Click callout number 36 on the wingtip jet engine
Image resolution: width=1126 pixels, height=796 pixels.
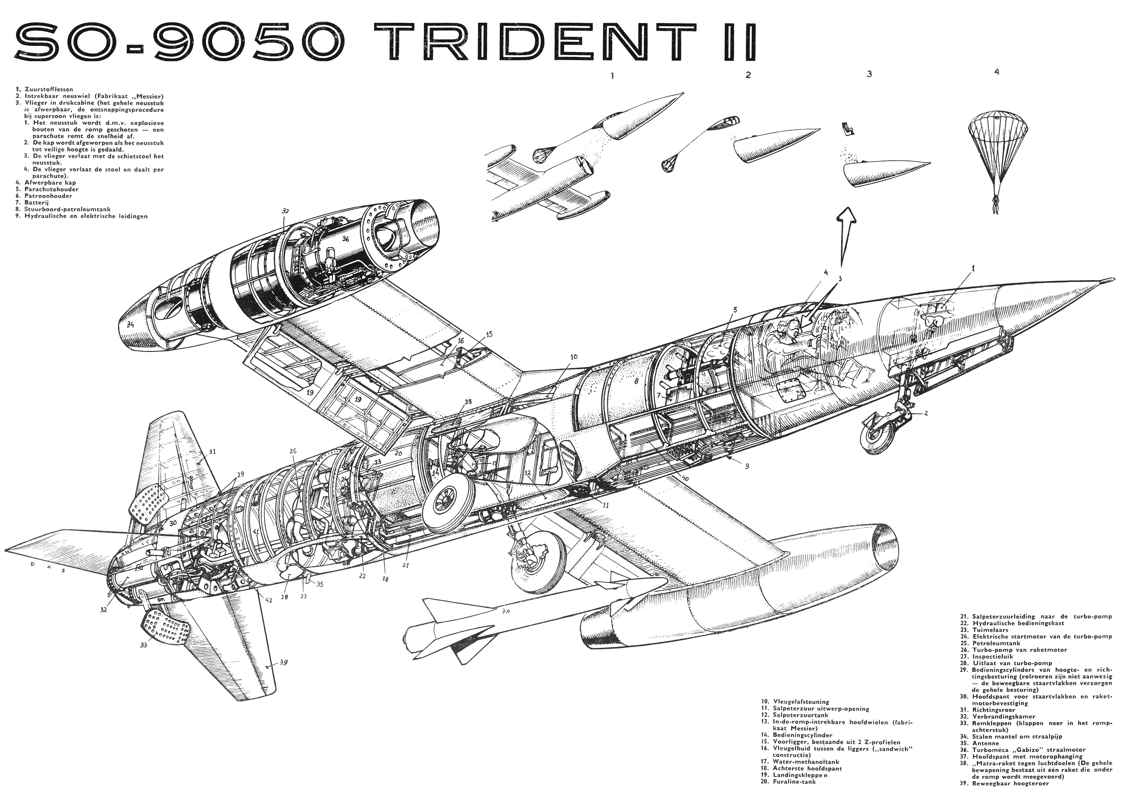click(345, 239)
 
